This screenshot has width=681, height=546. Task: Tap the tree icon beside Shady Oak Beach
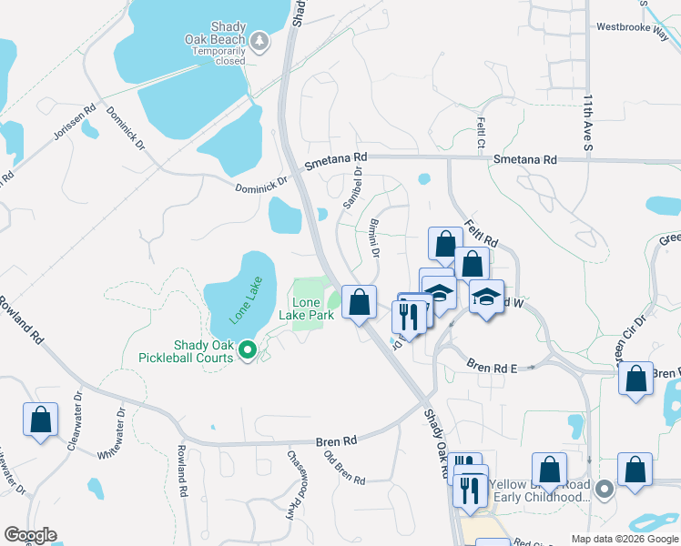pyautogui.click(x=259, y=40)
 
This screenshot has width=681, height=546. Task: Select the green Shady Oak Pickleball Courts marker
pyautogui.click(x=247, y=349)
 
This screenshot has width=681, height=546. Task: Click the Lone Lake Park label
pyautogui.click(x=312, y=308)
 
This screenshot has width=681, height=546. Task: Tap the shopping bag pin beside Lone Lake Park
pyautogui.click(x=360, y=301)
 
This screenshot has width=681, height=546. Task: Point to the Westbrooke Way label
pyautogui.click(x=632, y=27)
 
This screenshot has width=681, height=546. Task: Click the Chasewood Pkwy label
pyautogui.click(x=294, y=484)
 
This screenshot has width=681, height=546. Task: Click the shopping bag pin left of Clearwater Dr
pyautogui.click(x=40, y=420)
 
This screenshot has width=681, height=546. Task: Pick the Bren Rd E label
pyautogui.click(x=493, y=367)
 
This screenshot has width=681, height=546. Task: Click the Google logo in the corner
pyautogui.click(x=30, y=535)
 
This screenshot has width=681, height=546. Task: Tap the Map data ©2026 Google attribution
pyautogui.click(x=624, y=539)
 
